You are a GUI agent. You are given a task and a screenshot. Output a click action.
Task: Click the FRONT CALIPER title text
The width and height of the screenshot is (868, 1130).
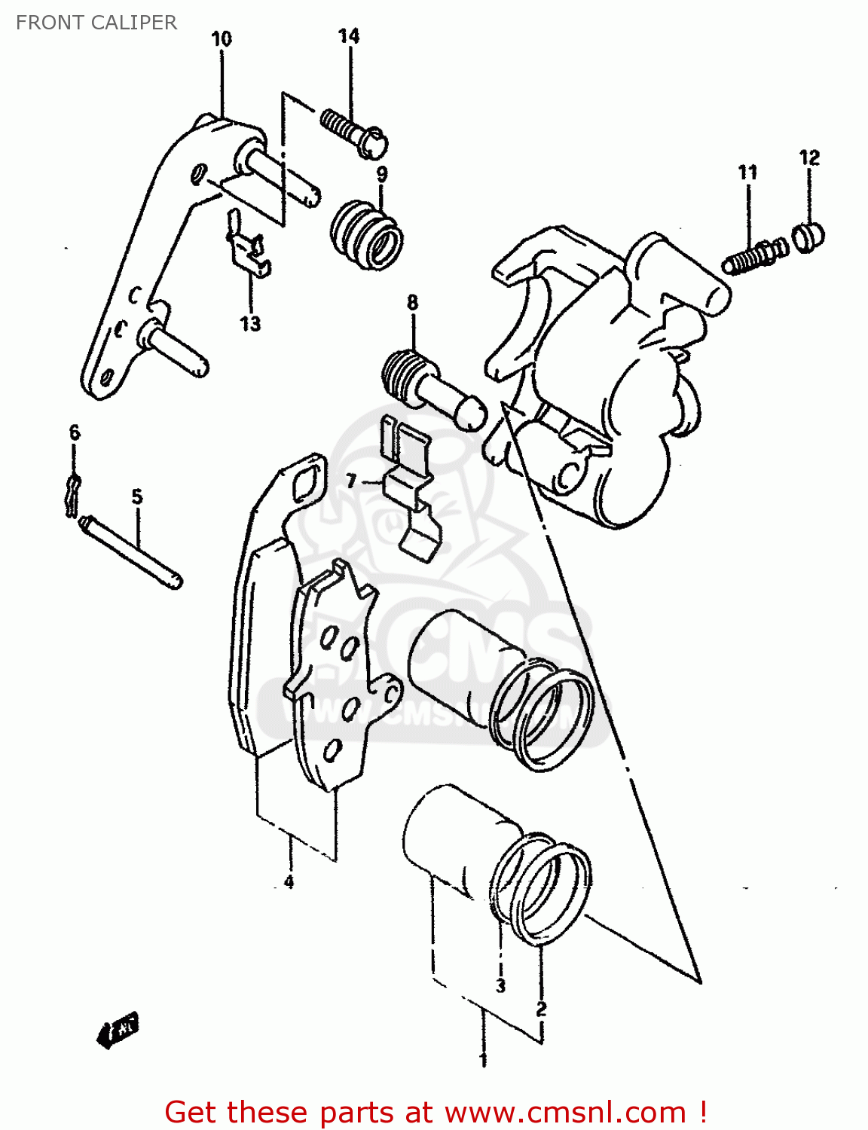click(x=96, y=23)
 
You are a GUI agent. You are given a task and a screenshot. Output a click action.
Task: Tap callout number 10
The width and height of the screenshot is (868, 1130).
click(x=222, y=39)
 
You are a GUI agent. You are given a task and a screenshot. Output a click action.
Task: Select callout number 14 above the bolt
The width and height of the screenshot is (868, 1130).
click(x=349, y=36)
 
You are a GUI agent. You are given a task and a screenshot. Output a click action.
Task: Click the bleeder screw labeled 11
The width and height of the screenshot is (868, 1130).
click(x=754, y=255)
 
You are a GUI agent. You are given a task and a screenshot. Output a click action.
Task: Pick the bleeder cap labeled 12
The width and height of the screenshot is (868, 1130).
click(x=809, y=236)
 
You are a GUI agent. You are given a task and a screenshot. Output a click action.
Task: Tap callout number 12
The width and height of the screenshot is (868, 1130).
click(x=809, y=158)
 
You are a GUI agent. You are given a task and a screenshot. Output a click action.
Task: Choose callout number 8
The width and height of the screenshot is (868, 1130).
click(x=412, y=303)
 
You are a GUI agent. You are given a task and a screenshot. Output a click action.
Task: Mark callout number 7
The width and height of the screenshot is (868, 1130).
click(x=351, y=481)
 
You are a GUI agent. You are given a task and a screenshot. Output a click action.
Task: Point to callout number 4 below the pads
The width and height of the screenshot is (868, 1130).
click(x=289, y=881)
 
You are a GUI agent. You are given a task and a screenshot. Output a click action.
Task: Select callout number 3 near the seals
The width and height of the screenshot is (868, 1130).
click(x=500, y=985)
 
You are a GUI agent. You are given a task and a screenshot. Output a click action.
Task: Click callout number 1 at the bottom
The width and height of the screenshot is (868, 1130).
click(x=483, y=1061)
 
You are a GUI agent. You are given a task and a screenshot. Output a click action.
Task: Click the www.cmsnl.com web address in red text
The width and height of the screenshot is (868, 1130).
click(x=565, y=1113)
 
